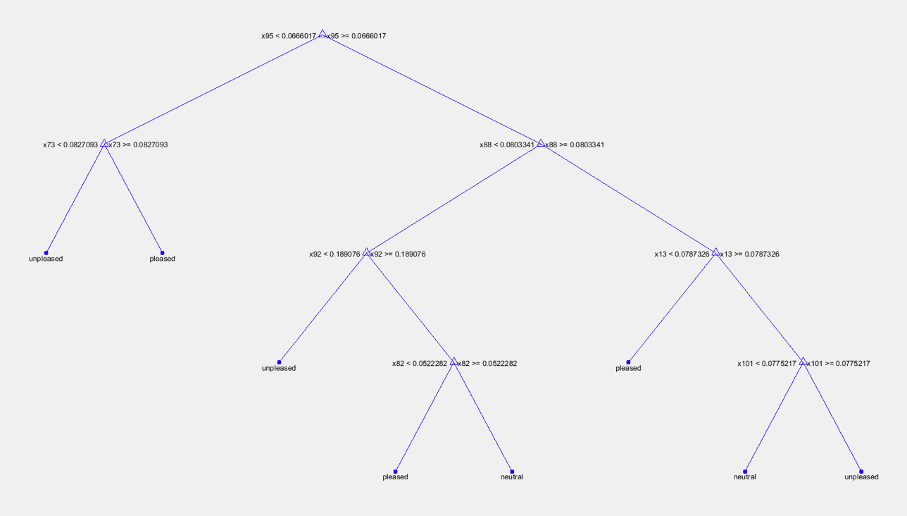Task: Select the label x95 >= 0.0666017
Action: [x=356, y=35]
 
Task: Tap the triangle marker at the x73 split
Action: [x=104, y=143]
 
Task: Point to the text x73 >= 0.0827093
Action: [x=138, y=145]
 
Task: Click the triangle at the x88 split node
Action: [x=540, y=143]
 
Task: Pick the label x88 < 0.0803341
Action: [x=507, y=145]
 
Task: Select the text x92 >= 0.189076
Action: [x=398, y=254]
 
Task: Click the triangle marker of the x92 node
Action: [x=366, y=252]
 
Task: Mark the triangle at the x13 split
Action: [x=715, y=252]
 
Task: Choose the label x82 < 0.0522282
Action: [x=420, y=364]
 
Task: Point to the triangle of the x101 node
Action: [x=803, y=362]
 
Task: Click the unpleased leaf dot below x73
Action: [x=46, y=252]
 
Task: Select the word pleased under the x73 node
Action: [x=162, y=259]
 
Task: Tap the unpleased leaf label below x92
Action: [x=279, y=368]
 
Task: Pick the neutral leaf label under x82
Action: [x=512, y=477]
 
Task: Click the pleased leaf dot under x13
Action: [x=628, y=362]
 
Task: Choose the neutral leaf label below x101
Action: [x=744, y=477]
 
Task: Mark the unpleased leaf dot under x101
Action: [x=861, y=472]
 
